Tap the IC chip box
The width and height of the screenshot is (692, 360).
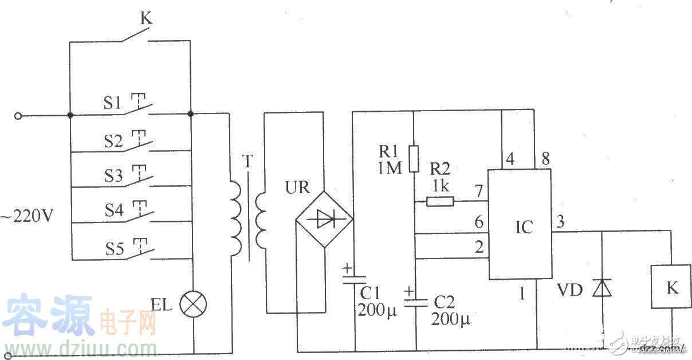click(x=520, y=225)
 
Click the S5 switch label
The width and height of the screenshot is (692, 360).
click(x=115, y=249)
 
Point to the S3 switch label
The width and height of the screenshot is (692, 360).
click(x=115, y=175)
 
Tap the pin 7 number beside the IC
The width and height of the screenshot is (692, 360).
click(x=477, y=190)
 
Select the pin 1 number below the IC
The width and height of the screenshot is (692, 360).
click(x=521, y=294)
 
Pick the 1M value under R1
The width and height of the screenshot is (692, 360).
click(x=390, y=167)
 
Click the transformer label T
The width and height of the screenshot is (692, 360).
click(x=247, y=162)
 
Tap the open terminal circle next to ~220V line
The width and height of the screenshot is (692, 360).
click(x=18, y=116)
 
